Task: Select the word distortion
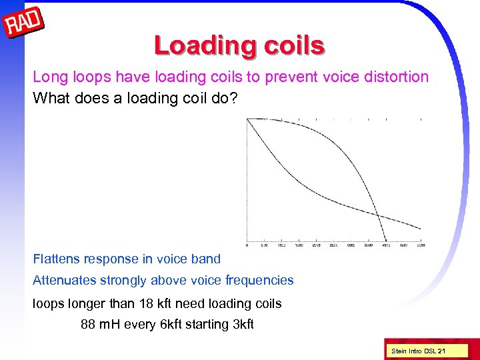point(395,77)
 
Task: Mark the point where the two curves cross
point(377,215)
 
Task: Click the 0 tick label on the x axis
point(247,245)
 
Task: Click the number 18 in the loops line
point(147,304)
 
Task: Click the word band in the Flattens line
point(205,259)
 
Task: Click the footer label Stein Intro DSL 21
point(418,351)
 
